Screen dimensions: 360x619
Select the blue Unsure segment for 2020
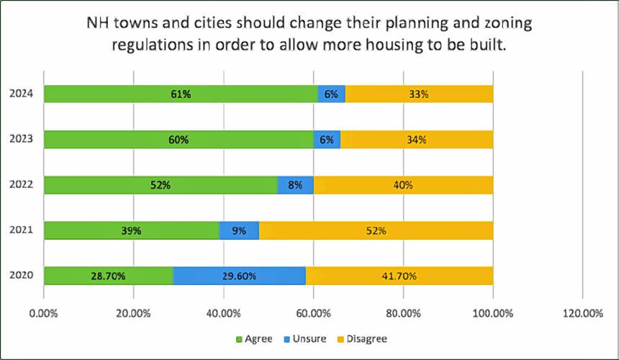click(x=239, y=276)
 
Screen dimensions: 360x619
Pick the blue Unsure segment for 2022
click(x=295, y=185)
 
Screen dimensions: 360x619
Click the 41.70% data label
click(x=399, y=276)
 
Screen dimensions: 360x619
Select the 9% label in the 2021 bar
click(x=239, y=230)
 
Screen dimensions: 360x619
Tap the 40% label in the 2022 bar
click(x=403, y=185)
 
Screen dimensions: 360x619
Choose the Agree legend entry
click(x=254, y=338)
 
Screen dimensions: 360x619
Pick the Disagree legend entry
click(x=367, y=338)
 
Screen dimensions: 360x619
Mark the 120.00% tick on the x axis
click(x=582, y=314)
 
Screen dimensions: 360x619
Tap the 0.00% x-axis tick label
click(x=44, y=314)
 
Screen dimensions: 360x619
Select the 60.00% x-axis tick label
click(x=313, y=314)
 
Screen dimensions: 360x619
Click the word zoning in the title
click(x=508, y=23)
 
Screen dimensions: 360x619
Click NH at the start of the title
click(x=96, y=23)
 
